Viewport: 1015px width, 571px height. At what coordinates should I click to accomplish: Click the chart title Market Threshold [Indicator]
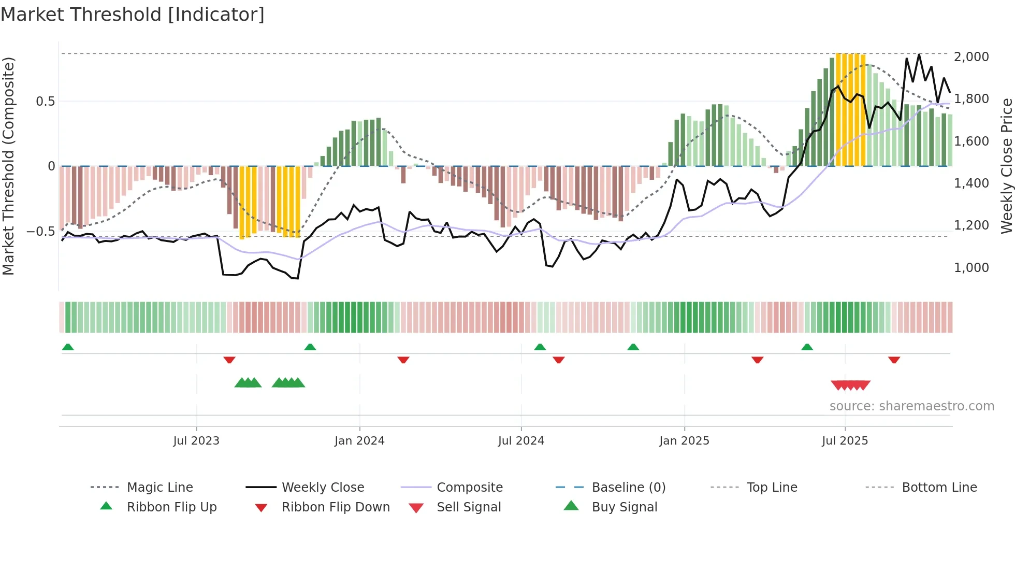click(133, 15)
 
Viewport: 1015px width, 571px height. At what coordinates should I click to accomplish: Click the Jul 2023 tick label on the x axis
click(196, 441)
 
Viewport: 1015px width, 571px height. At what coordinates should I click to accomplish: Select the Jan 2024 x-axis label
click(359, 441)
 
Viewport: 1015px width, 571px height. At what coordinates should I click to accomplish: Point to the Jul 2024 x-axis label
click(521, 441)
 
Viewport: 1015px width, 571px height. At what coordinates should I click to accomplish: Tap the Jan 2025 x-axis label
click(684, 441)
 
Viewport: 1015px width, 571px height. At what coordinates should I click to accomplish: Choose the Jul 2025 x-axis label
click(845, 441)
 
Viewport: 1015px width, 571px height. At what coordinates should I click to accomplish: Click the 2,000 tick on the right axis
click(972, 56)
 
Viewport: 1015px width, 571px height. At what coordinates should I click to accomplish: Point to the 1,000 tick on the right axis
click(972, 268)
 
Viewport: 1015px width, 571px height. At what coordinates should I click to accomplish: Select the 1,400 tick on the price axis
click(972, 183)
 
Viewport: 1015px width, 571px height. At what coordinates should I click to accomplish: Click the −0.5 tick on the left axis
click(41, 232)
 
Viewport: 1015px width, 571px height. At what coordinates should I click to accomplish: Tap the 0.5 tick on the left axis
click(46, 102)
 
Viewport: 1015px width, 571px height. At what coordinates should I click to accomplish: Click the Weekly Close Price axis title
click(1006, 166)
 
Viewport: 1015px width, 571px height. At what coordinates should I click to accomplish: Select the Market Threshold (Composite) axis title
click(8, 166)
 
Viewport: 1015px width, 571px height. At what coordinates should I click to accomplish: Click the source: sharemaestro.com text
click(911, 406)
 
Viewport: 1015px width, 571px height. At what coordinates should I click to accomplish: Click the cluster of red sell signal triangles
click(850, 385)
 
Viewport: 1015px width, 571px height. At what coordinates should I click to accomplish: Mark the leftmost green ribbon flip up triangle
click(68, 347)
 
